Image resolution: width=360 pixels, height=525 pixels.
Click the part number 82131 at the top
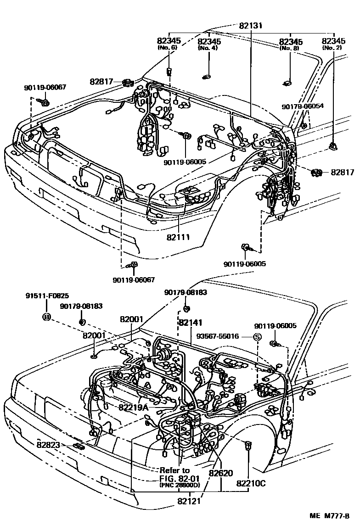(251, 26)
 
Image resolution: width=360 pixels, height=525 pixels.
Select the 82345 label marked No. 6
(169, 41)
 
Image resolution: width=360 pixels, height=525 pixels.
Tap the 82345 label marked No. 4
(209, 41)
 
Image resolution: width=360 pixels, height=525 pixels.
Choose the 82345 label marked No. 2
(333, 41)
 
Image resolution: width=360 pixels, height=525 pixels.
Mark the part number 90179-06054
(303, 106)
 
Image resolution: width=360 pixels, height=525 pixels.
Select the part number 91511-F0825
(47, 297)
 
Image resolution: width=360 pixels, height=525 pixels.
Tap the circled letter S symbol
(257, 337)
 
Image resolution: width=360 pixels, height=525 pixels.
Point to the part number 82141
(191, 323)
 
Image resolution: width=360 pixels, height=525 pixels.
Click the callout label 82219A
(133, 407)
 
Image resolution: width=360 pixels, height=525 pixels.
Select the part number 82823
(49, 444)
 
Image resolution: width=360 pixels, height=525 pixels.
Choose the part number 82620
(221, 473)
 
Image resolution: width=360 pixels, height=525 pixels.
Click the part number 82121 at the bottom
(189, 501)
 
